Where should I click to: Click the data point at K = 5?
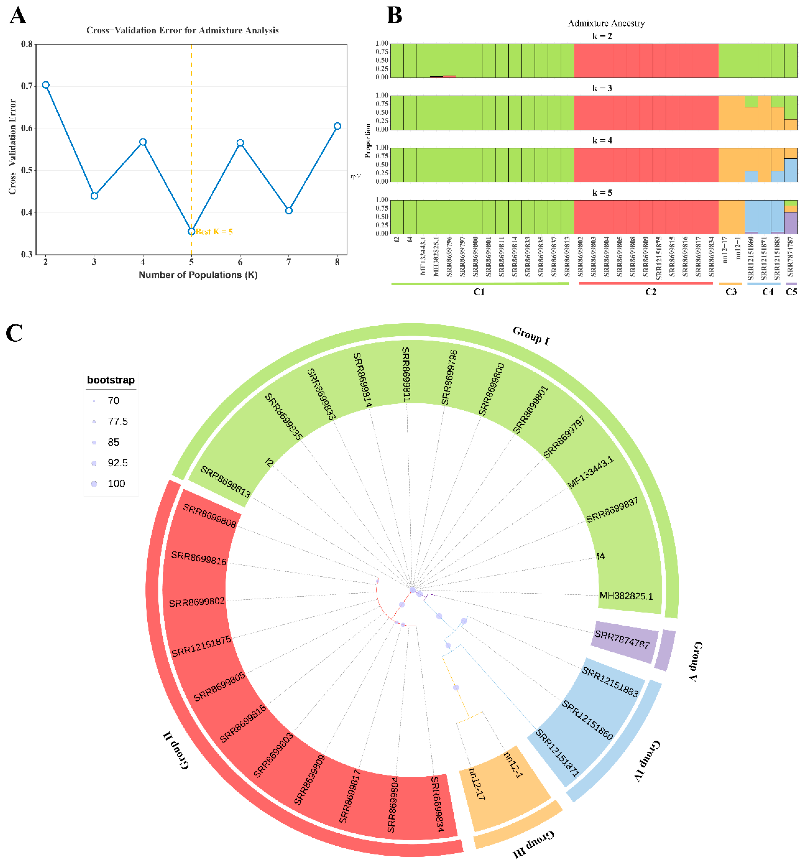tap(191, 231)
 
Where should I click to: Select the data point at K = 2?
tap(46, 85)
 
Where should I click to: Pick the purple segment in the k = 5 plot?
tap(790, 223)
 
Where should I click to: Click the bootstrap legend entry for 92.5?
tap(117, 463)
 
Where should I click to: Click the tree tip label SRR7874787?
tap(622, 639)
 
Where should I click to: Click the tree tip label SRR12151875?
tap(201, 646)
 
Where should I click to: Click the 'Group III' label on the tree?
tap(533, 844)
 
